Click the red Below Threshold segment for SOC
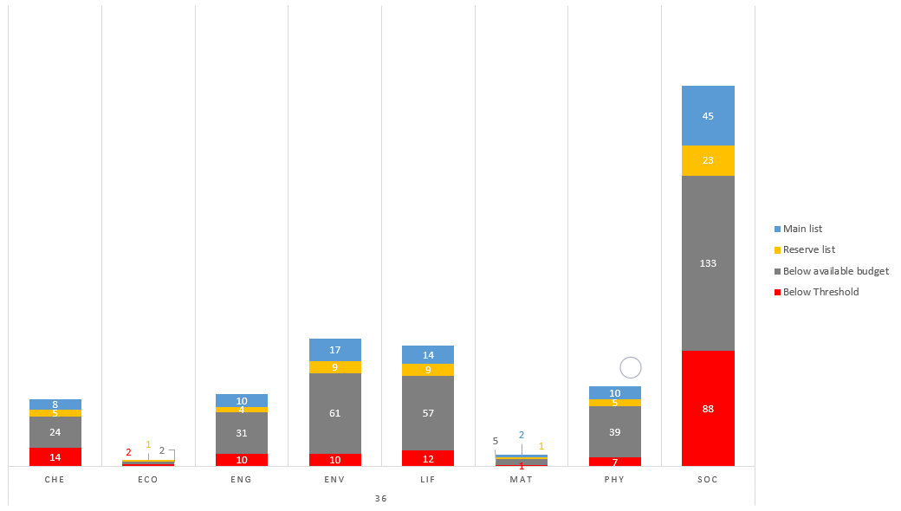tap(708, 408)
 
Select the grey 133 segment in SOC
tap(708, 263)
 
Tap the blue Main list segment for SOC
tap(708, 115)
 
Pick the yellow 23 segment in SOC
tap(708, 160)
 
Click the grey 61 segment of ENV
tap(335, 413)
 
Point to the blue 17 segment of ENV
tap(335, 350)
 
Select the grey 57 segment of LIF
tap(428, 413)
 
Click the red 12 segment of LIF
tap(428, 458)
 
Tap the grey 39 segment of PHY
tap(615, 431)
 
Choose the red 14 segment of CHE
tap(55, 456)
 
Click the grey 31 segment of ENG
tap(242, 433)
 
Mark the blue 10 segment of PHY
tap(615, 393)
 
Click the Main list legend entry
tap(802, 229)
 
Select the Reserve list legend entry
tap(808, 249)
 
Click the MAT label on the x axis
tap(522, 479)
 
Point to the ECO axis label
tap(148, 479)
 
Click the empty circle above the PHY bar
tap(631, 367)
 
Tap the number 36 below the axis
tap(381, 499)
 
